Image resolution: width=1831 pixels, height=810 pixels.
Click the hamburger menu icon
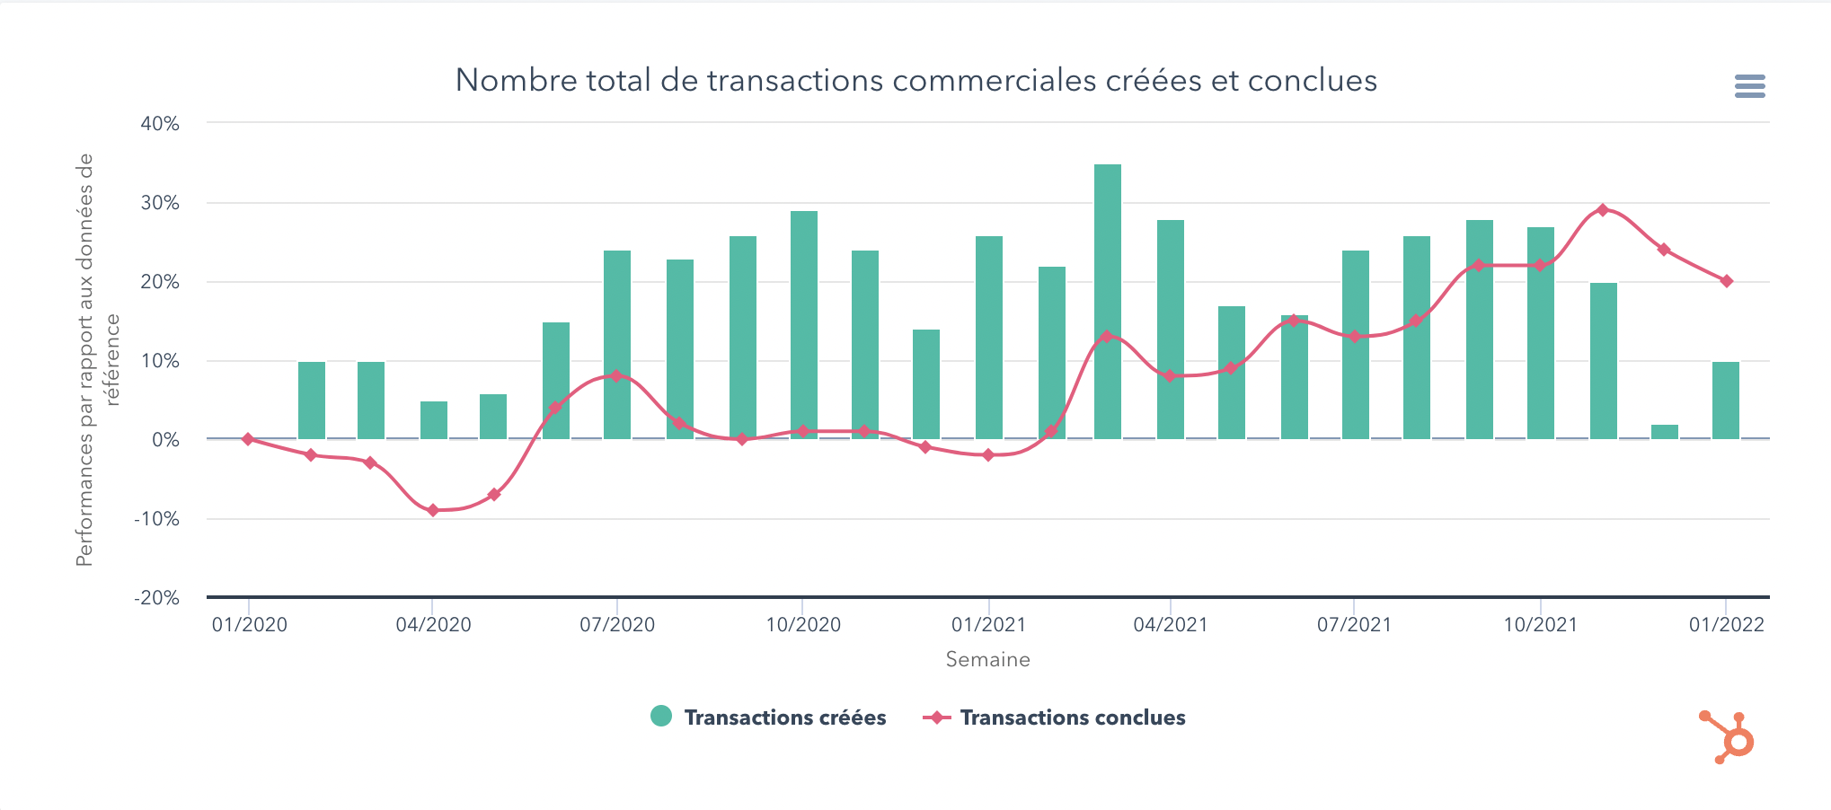1749,86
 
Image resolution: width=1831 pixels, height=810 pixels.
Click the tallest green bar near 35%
1108,301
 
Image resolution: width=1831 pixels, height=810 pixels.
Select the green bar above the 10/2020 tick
804,324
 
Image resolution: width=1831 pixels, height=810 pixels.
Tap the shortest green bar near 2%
1665,432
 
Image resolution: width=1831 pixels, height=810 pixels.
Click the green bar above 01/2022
1726,400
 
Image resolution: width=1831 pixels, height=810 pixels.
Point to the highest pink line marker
1603,210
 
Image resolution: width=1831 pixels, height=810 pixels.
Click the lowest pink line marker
433,510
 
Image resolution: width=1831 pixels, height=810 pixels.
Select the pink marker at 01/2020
248,439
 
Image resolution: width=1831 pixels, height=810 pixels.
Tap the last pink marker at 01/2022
1727,281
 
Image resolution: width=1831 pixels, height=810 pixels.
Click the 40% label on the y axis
160,124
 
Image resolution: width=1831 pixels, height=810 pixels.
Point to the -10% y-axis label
157,519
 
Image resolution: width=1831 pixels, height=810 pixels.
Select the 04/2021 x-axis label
1171,625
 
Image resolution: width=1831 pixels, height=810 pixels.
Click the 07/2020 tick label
617,625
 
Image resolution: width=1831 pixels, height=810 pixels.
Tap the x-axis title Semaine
987,660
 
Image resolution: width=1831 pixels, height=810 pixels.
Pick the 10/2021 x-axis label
1541,625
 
